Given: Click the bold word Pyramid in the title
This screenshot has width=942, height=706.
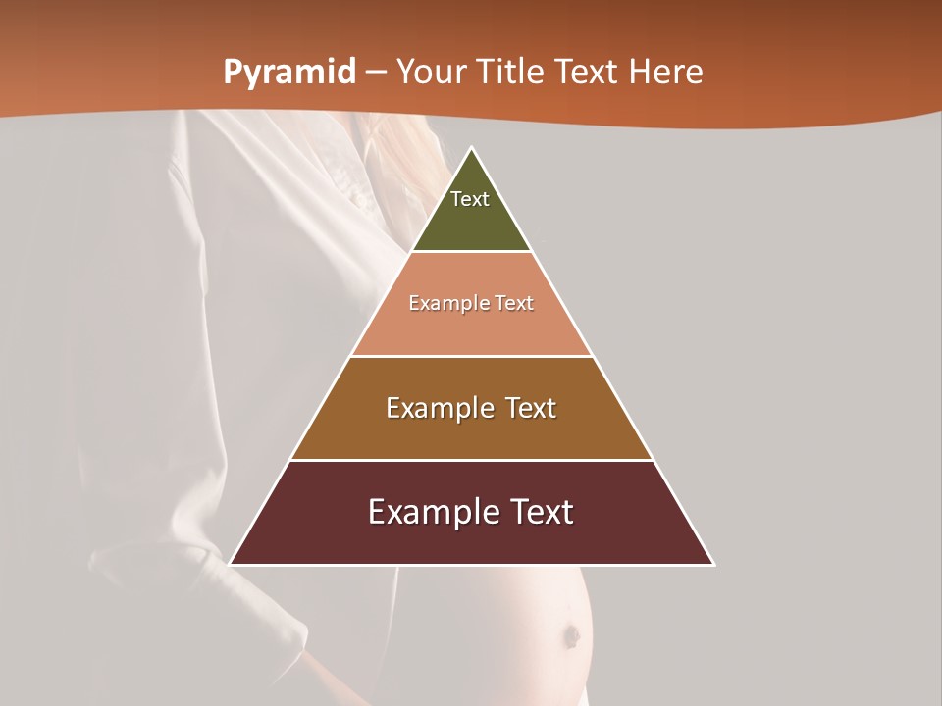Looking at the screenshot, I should pos(288,73).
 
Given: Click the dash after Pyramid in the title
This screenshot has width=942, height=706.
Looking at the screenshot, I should pos(375,73).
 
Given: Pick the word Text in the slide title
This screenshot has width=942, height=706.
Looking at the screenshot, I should pos(587,72).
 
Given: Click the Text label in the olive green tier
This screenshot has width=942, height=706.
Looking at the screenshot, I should pos(470,199).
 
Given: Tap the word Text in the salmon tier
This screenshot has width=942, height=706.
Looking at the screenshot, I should pos(515,303).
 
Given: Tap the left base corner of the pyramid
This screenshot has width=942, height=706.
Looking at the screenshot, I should pos(231,565).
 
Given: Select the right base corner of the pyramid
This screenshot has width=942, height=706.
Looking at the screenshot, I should pos(713,565).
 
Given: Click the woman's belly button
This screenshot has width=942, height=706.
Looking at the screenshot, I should pos(569,636).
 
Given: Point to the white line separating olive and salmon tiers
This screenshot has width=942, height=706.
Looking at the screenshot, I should pos(471,252).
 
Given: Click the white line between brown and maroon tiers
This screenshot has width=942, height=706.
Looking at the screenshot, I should pos(471,460).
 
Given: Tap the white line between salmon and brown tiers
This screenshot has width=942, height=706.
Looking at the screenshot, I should pos(471,356).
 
